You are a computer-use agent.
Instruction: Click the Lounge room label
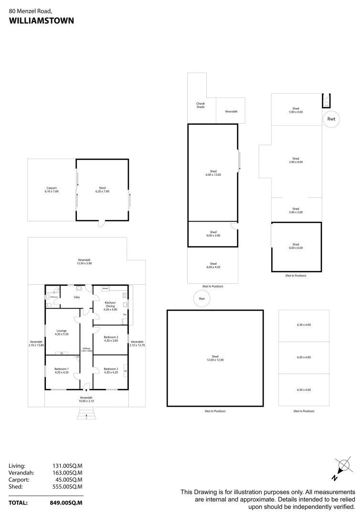pos(62,331)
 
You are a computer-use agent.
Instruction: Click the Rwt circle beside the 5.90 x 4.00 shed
pos(331,119)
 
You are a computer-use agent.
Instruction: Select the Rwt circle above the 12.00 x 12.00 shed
pos(201,299)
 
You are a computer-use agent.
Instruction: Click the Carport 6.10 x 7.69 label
pos(52,190)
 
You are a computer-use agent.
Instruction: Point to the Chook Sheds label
pos(201,105)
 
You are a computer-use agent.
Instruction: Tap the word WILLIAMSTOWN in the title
pos(41,21)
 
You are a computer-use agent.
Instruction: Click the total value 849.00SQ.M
pos(66,503)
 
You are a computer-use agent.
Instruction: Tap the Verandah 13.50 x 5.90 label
pos(84,261)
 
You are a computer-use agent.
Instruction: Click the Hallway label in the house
pos(86,349)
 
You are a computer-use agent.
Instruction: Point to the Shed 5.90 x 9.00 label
pos(296,160)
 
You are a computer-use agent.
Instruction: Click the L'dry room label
pos(76,297)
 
